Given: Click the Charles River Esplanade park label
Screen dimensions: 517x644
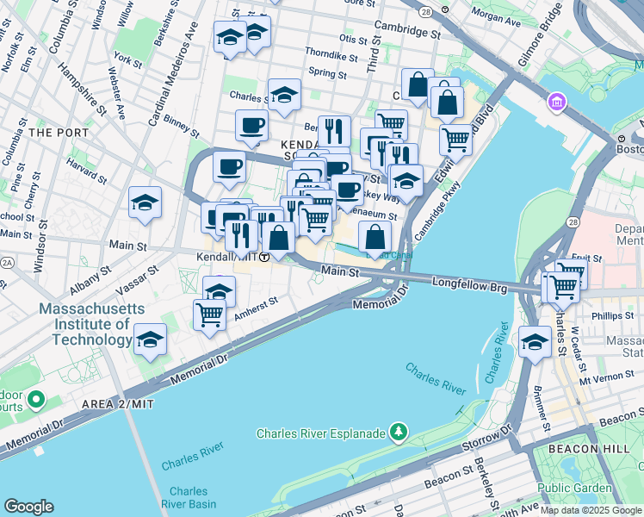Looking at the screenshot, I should (321, 433).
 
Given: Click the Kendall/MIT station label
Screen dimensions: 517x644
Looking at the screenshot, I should (227, 257).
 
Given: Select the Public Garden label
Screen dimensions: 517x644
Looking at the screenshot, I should (575, 488).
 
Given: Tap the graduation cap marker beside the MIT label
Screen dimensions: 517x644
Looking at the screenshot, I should (150, 339).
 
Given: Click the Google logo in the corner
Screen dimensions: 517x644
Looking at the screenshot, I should (28, 507).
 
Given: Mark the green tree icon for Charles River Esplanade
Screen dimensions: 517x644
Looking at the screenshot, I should (399, 431).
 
